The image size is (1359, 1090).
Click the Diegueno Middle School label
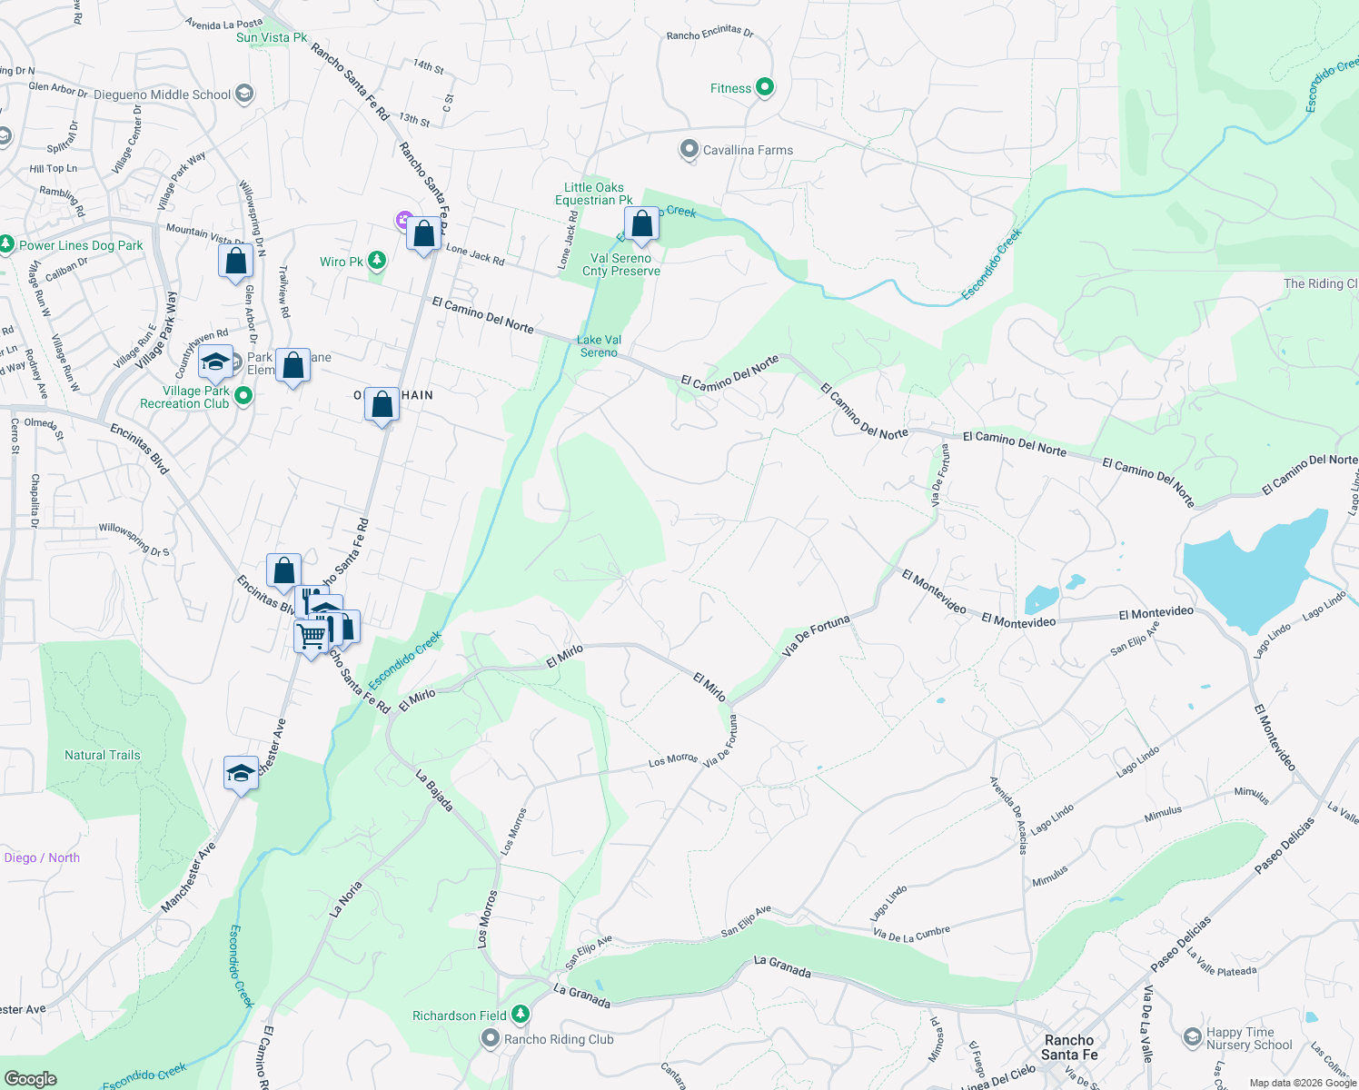[x=163, y=94]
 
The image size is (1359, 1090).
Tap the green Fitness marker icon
[x=765, y=87]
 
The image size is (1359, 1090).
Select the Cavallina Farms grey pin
[x=689, y=149]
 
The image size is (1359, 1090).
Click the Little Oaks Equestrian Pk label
[x=594, y=193]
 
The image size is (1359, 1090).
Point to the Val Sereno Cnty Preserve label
[x=621, y=264]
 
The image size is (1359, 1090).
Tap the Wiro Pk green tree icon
[x=377, y=262]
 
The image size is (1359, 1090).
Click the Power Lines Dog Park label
[x=81, y=245]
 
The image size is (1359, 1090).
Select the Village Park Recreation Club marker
[x=243, y=396]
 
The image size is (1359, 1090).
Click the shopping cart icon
[x=311, y=635]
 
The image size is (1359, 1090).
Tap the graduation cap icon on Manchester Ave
[x=240, y=773]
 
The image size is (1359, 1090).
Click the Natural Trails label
[x=103, y=755]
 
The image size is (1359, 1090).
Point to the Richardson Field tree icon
[x=520, y=1013]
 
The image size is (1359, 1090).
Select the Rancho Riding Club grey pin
[x=491, y=1037]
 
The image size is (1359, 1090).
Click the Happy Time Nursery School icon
[x=1192, y=1036]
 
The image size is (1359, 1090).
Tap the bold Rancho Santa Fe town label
[x=1069, y=1047]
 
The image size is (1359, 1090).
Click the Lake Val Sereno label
[x=599, y=346]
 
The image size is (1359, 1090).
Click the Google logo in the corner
[x=31, y=1078]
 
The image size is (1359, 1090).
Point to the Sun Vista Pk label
[x=272, y=37]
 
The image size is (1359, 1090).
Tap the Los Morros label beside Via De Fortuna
[x=673, y=760]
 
